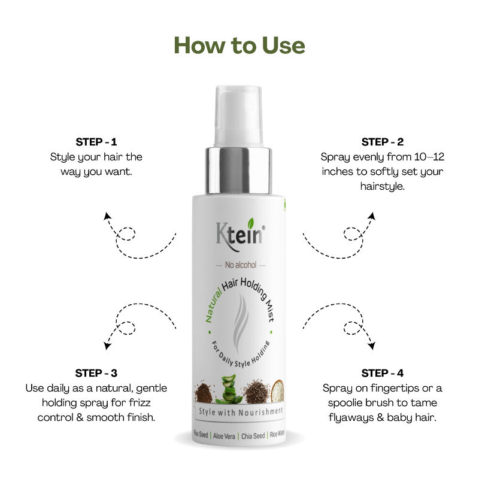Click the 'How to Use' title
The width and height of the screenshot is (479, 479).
239,46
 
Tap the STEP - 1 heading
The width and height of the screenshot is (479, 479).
96,142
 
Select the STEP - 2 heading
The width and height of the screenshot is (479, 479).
382,142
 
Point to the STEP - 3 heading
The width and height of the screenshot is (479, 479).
96,372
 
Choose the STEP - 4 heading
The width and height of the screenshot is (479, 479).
382,372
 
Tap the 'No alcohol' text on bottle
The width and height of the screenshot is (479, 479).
239,264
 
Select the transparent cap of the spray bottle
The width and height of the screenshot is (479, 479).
239,114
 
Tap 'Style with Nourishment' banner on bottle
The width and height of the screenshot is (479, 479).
239,413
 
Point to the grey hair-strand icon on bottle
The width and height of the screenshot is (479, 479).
239,314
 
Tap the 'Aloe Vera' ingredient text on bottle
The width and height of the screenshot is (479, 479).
226,436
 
